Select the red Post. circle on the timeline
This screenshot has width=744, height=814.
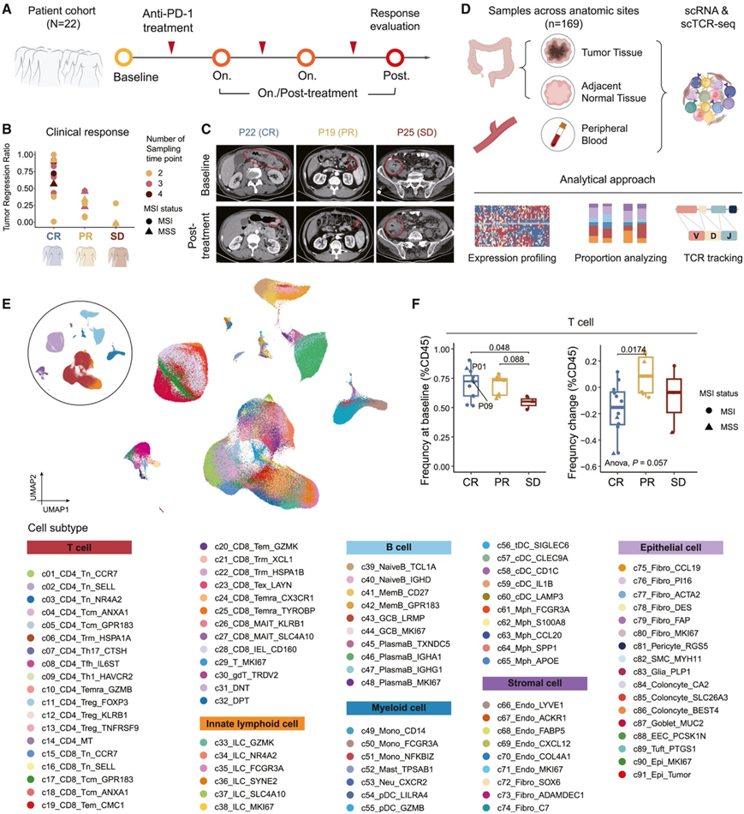396,59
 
